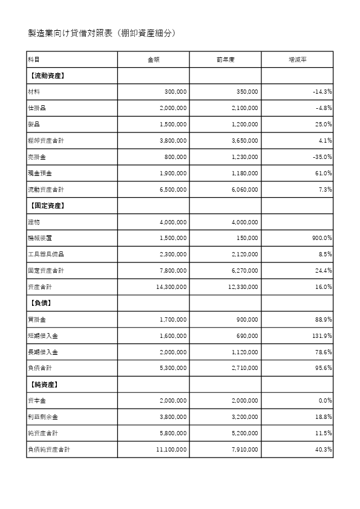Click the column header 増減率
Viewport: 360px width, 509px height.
(297, 59)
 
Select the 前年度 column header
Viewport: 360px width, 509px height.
(225, 59)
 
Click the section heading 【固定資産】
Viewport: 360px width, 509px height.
(47, 206)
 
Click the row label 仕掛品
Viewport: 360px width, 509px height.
(37, 108)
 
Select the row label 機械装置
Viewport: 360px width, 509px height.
(40, 239)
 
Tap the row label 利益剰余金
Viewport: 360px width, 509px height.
(43, 417)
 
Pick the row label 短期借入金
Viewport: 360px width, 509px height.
(43, 336)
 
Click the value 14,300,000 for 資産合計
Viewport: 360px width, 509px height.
(171, 287)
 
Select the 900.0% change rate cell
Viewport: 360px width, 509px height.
(320, 239)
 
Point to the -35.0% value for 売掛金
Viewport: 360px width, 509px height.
(320, 157)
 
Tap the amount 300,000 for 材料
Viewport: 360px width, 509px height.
(175, 92)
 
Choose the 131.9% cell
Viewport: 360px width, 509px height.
(321, 336)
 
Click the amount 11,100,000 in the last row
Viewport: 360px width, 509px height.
(171, 450)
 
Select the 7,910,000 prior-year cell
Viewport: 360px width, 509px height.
(244, 450)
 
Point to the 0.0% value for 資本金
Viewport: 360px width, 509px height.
(324, 401)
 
